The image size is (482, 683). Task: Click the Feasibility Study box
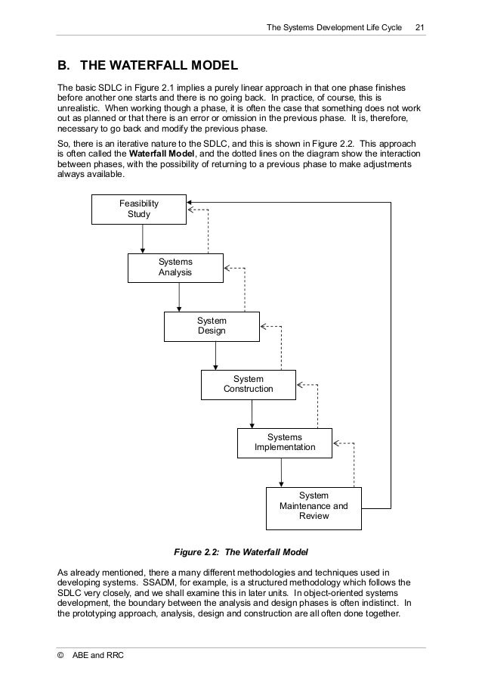click(x=139, y=209)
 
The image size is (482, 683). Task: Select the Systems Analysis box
click(x=175, y=267)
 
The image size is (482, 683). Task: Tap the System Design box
click(x=212, y=326)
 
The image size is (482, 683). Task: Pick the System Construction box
click(x=248, y=384)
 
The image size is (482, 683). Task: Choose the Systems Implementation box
click(x=285, y=442)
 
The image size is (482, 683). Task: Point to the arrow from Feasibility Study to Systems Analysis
click(x=143, y=238)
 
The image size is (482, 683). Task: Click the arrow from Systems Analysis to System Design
click(x=179, y=296)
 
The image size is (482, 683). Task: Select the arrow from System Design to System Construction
click(x=215, y=355)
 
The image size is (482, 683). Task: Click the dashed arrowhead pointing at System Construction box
click(x=301, y=384)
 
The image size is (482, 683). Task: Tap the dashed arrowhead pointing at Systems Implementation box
click(x=337, y=442)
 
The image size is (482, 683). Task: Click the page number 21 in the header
click(x=420, y=29)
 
